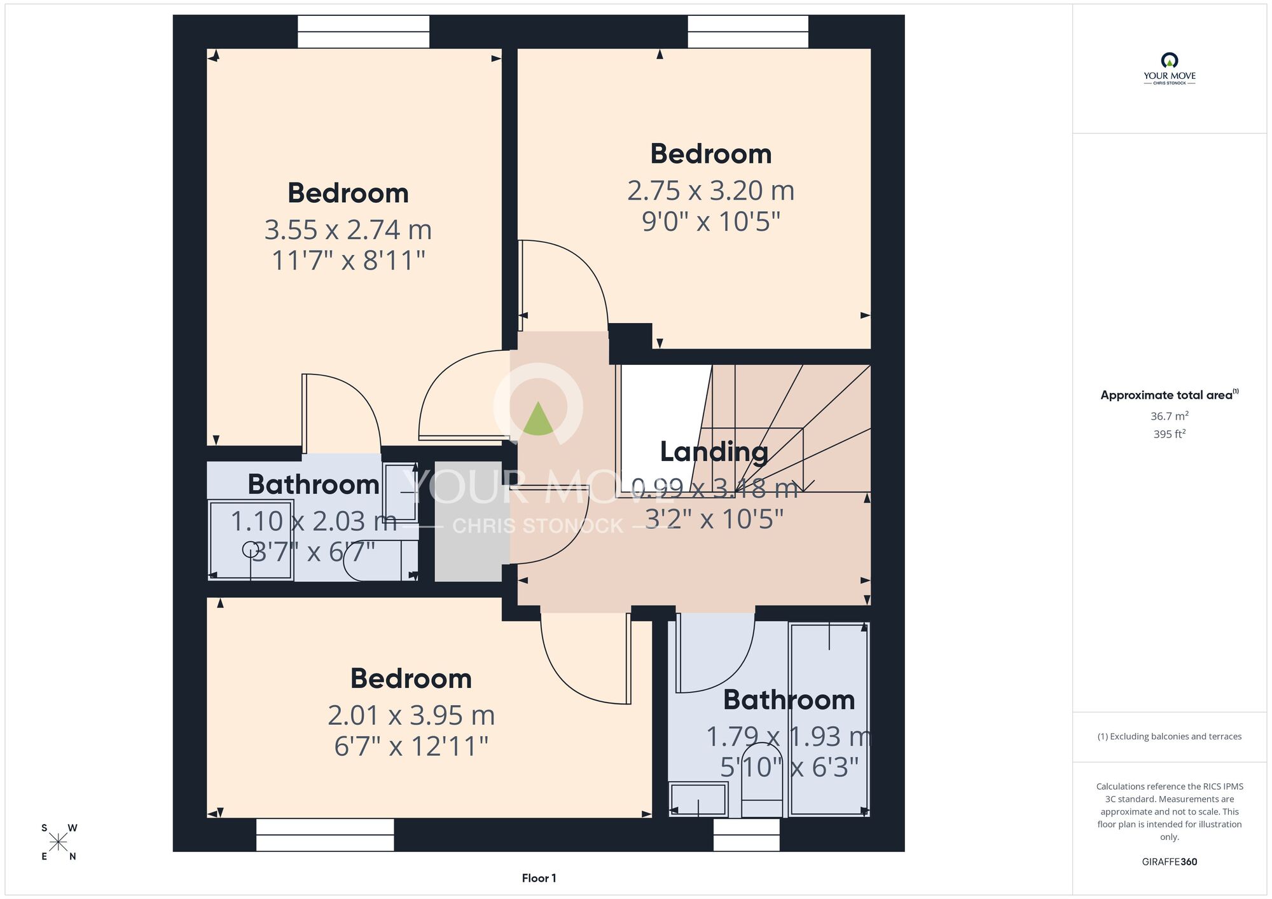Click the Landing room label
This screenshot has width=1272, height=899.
[714, 452]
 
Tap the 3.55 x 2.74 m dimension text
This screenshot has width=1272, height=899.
[348, 230]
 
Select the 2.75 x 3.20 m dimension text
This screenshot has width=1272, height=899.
[710, 191]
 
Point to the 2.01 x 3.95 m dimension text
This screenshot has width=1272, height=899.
[411, 716]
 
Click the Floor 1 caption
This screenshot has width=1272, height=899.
[539, 878]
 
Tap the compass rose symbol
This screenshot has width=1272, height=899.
[59, 842]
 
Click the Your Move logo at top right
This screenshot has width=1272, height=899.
[1169, 69]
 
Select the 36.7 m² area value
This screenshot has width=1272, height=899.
[1169, 416]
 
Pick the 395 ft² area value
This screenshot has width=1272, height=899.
[1169, 434]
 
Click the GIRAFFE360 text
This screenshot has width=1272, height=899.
[1169, 862]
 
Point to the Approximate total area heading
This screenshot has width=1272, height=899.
[1169, 395]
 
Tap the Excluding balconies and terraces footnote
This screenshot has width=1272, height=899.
[1169, 736]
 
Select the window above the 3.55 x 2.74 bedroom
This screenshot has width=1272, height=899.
[363, 32]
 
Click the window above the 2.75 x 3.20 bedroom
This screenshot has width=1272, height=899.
[748, 32]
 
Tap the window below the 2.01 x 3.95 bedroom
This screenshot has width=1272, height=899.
[325, 835]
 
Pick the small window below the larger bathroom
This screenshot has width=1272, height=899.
[747, 835]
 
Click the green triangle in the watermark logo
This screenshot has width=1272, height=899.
[538, 419]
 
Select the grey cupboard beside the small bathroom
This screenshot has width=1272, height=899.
[469, 521]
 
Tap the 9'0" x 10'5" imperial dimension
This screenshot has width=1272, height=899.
[710, 222]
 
